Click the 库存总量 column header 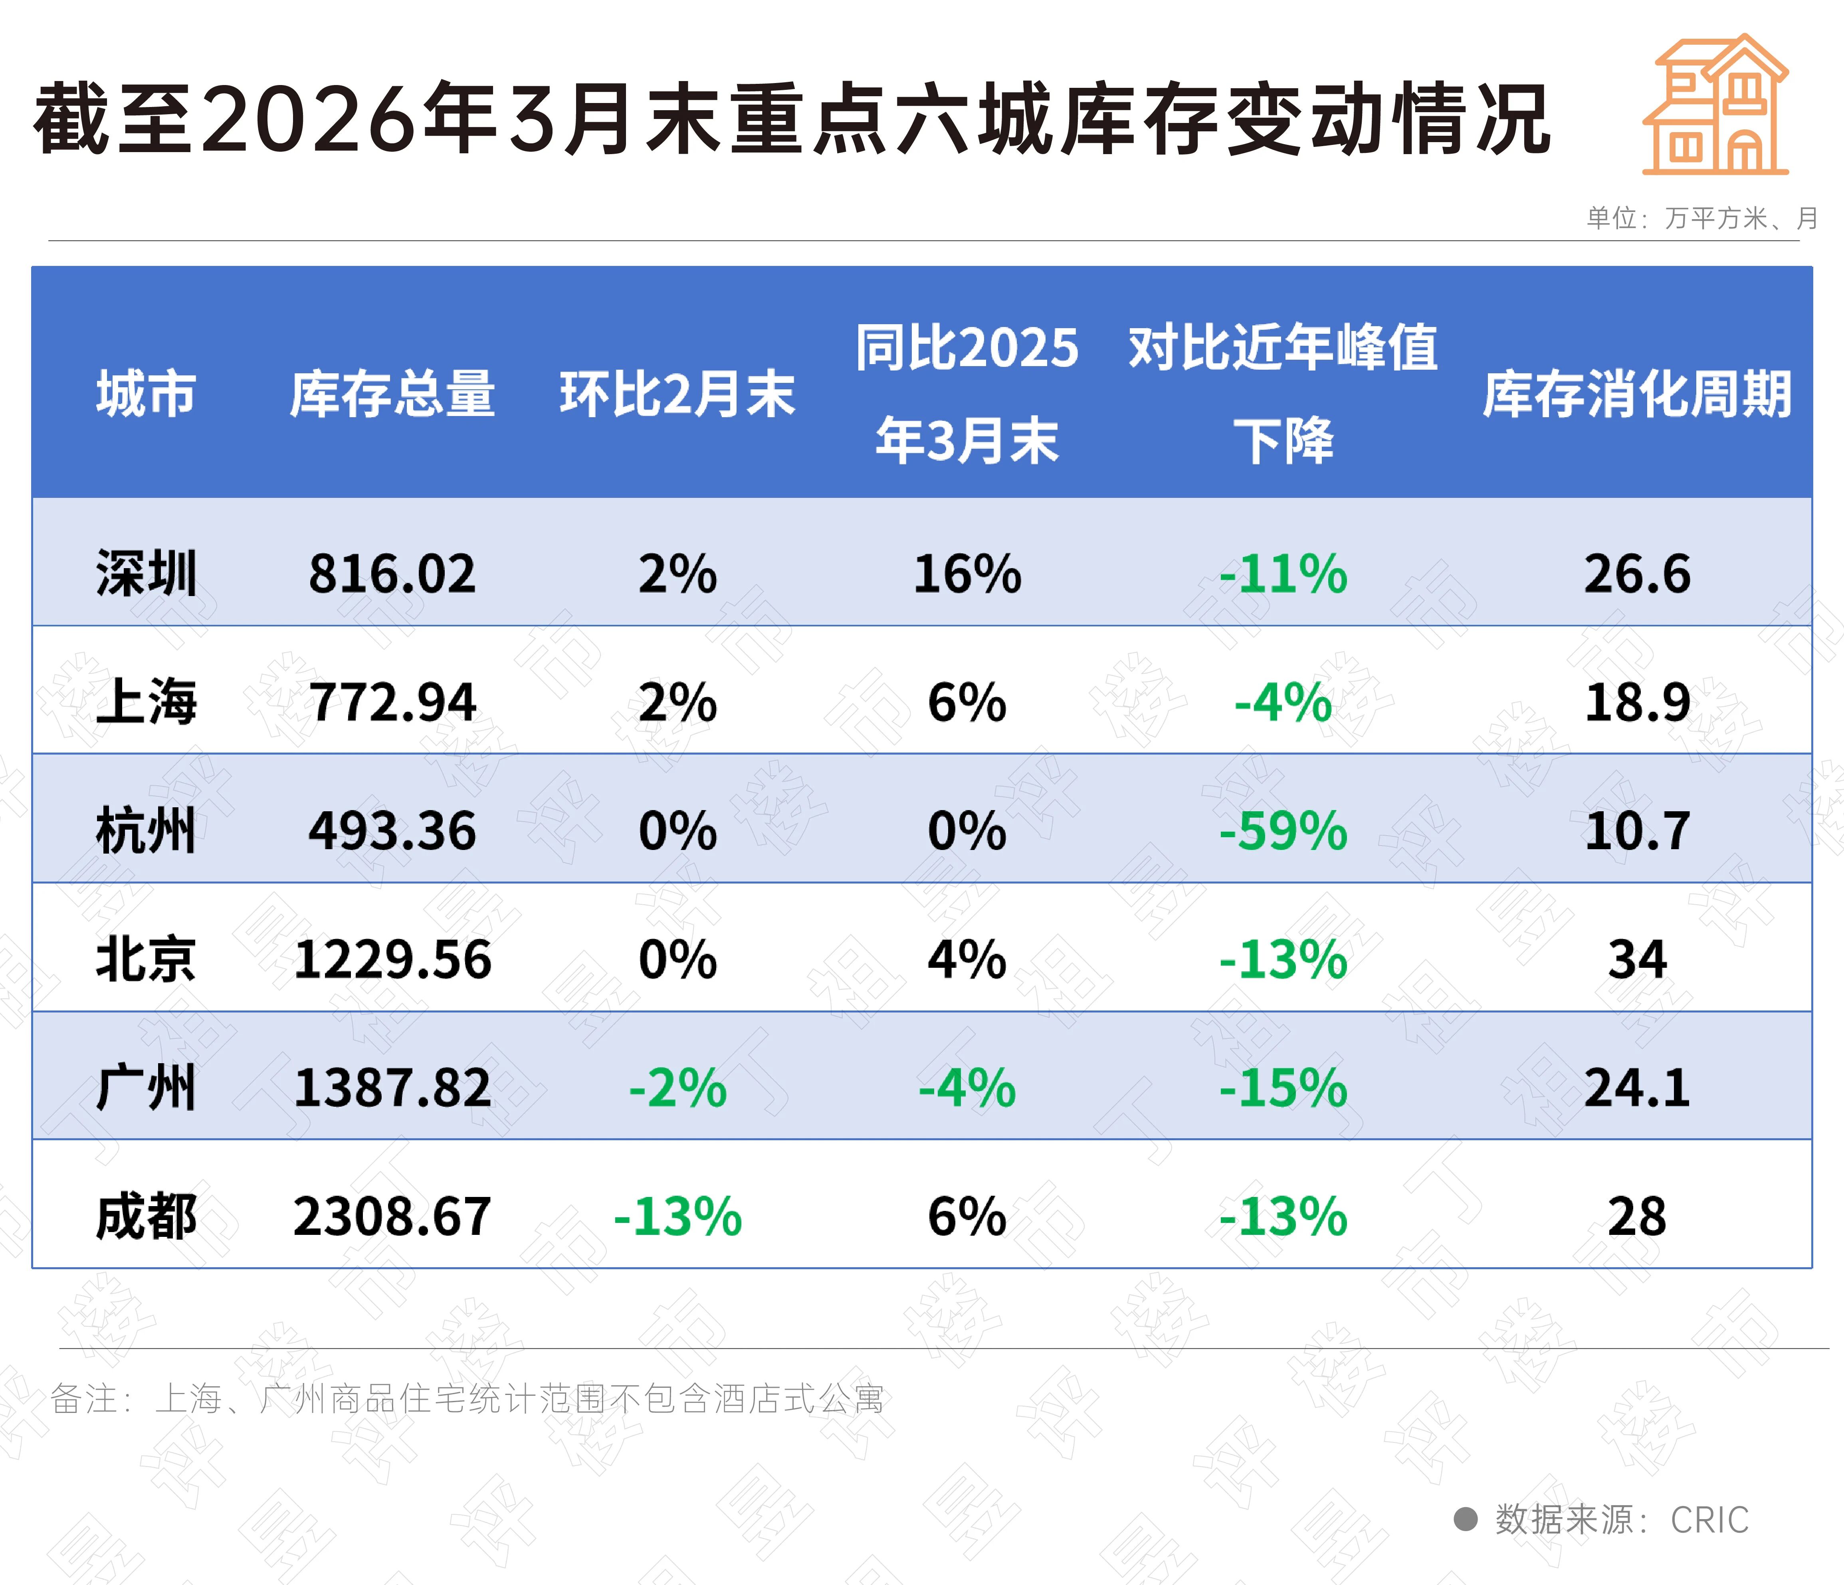point(392,394)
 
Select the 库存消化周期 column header point(1637,394)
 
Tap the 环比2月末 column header point(677,394)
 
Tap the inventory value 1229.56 point(392,959)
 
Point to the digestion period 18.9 point(1637,702)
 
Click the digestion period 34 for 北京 point(1637,959)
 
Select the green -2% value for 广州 point(677,1088)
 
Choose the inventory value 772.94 point(392,702)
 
